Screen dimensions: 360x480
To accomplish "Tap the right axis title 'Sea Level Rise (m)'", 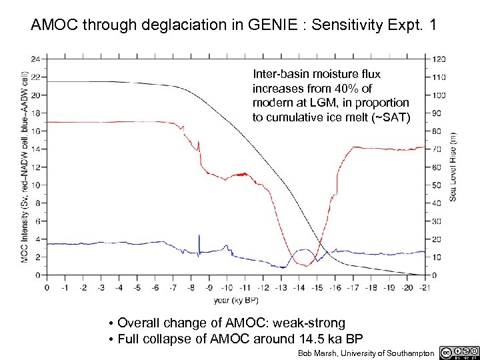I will tap(453, 167).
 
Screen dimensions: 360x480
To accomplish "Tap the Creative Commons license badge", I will tap(459, 351).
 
